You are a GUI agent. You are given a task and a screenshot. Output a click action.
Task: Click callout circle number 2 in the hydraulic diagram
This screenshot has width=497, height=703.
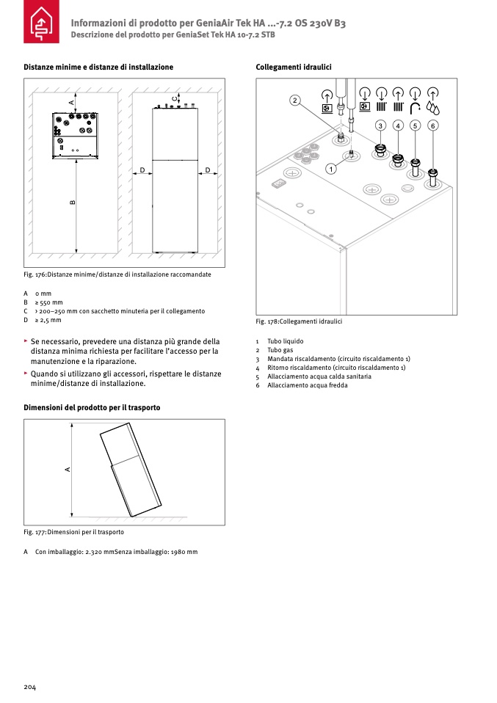click(294, 100)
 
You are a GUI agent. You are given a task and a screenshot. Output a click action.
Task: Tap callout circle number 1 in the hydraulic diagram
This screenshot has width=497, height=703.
click(331, 170)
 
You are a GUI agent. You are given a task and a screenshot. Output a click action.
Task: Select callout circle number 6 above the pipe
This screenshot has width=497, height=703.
click(433, 126)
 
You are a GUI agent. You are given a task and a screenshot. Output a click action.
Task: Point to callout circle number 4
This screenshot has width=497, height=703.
click(397, 126)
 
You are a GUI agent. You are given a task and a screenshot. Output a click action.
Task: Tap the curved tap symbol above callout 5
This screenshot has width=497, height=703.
click(416, 107)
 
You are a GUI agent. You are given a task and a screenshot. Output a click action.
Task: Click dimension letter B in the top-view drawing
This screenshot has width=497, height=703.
click(73, 203)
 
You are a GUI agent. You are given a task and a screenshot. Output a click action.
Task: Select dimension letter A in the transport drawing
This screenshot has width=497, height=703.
click(67, 469)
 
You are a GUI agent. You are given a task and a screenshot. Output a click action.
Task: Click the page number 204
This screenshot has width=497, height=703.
click(30, 687)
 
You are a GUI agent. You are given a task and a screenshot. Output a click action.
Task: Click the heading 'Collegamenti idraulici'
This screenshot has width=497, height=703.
click(294, 68)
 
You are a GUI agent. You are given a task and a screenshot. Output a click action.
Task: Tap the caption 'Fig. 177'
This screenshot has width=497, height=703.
click(35, 532)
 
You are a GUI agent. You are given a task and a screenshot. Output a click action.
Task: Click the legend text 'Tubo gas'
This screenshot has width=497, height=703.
click(281, 350)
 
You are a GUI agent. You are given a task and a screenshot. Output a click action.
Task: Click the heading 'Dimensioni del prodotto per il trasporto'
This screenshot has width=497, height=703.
click(92, 407)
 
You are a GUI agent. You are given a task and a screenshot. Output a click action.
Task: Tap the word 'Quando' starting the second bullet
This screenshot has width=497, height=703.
click(43, 374)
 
